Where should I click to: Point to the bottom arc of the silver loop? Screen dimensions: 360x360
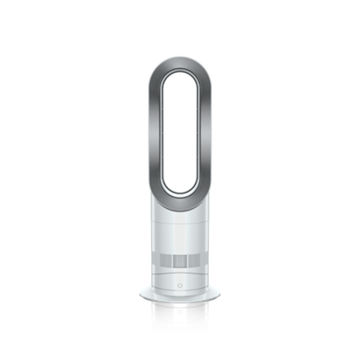tap(180, 198)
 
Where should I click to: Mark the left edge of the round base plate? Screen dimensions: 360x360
tap(143, 294)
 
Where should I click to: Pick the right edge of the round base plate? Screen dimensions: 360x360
tap(217, 294)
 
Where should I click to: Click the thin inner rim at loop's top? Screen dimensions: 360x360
tap(180, 74)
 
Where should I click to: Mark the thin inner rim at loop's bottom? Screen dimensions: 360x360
tap(180, 188)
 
